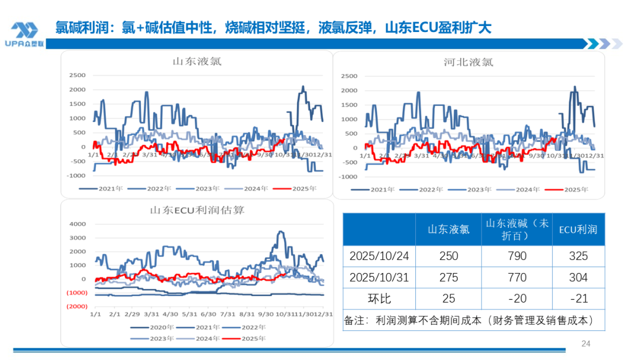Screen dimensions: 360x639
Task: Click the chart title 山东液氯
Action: [197, 61]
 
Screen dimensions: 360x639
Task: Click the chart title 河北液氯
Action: [468, 62]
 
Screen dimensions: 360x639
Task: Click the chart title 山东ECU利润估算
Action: [197, 210]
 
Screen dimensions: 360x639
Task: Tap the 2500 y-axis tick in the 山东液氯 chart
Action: [77, 75]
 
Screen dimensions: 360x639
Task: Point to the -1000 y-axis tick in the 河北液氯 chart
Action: [348, 176]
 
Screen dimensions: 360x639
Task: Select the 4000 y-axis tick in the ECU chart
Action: [79, 224]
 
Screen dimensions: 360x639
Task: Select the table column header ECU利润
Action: [578, 229]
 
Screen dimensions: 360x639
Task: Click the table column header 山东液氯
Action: [448, 229]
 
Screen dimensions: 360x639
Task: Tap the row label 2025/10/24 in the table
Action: [379, 256]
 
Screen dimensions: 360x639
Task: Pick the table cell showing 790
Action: [517, 256]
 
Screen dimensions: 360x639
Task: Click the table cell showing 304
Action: [578, 277]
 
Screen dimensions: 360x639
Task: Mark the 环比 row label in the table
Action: [379, 298]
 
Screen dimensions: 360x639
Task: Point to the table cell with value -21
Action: [578, 298]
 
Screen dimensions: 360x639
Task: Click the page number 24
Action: [586, 343]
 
